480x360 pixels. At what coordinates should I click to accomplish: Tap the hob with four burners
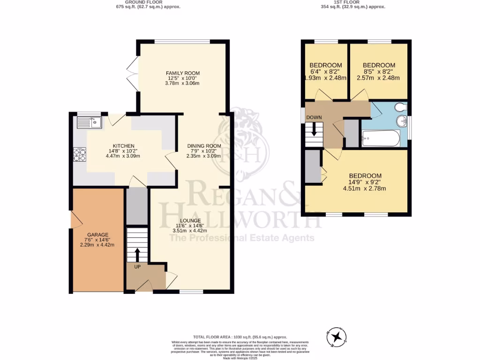79,154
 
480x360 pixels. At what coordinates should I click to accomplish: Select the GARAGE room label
97,235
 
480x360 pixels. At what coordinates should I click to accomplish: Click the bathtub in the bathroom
381,139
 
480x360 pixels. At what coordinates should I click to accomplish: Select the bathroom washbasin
402,122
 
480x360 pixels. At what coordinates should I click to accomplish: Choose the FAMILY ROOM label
183,73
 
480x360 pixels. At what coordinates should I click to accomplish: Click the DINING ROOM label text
204,146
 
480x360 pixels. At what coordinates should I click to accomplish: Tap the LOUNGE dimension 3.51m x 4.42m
190,230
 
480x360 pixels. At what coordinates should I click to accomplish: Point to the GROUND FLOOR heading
148,2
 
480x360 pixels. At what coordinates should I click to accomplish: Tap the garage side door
74,219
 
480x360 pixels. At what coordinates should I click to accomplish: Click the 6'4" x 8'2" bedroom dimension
325,72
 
